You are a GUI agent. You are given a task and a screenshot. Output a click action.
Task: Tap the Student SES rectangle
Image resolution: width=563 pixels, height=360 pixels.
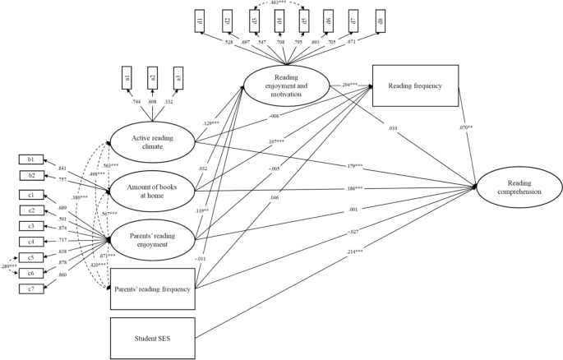coord(153,337)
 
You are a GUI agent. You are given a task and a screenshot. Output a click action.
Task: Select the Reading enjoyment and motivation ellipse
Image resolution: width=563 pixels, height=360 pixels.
coord(287,83)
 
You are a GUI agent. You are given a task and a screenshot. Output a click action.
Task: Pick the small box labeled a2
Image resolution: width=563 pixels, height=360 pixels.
coord(151,80)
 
